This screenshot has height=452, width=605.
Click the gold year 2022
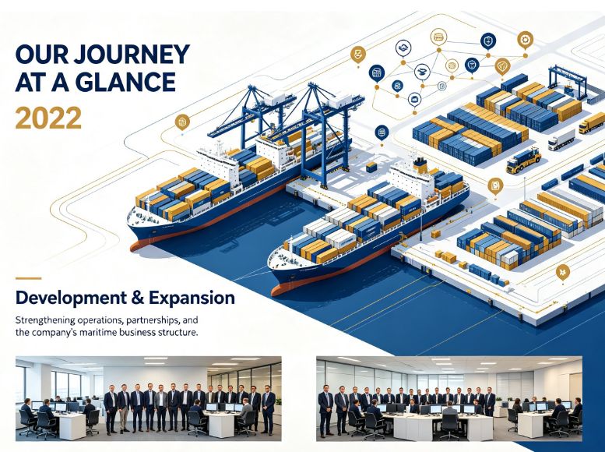[48, 118]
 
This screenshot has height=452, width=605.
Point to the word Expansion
[192, 298]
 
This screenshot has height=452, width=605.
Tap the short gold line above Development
[28, 278]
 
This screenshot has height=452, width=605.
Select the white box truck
[561, 139]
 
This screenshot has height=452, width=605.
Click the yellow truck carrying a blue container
[523, 160]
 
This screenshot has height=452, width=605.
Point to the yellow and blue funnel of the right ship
[420, 165]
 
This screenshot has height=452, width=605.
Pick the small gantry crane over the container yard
[567, 82]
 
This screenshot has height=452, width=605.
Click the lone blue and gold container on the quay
[371, 167]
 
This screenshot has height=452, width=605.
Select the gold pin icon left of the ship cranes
[182, 123]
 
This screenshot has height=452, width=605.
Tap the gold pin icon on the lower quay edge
[562, 273]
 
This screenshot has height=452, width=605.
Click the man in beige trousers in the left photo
[124, 408]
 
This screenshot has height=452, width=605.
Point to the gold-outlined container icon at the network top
[438, 38]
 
